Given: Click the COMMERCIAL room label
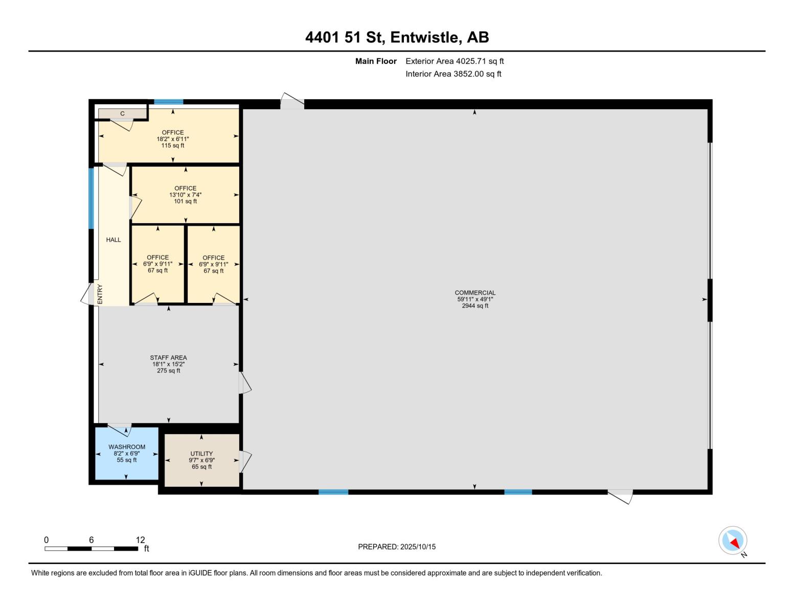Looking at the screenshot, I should click(x=475, y=293).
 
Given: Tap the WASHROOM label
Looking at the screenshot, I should click(x=127, y=447).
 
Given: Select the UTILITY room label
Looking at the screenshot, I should click(x=201, y=454).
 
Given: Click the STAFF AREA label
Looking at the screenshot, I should click(x=168, y=358).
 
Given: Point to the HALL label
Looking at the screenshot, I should click(x=114, y=240).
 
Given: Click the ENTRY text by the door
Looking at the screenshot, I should click(x=100, y=295).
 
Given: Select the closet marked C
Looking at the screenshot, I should click(x=123, y=113).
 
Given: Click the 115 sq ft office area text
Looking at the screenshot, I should click(x=173, y=146).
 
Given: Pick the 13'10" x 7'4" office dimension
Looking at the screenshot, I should click(x=185, y=195).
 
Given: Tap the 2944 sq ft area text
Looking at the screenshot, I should click(x=475, y=306).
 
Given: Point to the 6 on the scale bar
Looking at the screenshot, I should click(x=91, y=540).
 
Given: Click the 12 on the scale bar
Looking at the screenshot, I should click(x=140, y=540).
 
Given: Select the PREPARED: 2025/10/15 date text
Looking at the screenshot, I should click(x=397, y=547).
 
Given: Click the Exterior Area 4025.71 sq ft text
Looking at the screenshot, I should click(x=455, y=61).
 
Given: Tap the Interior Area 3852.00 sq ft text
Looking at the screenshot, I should click(x=453, y=74).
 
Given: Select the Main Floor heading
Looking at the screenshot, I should click(x=376, y=61).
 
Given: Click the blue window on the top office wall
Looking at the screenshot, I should click(x=169, y=102).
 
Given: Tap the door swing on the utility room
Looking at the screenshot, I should click(x=245, y=461).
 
